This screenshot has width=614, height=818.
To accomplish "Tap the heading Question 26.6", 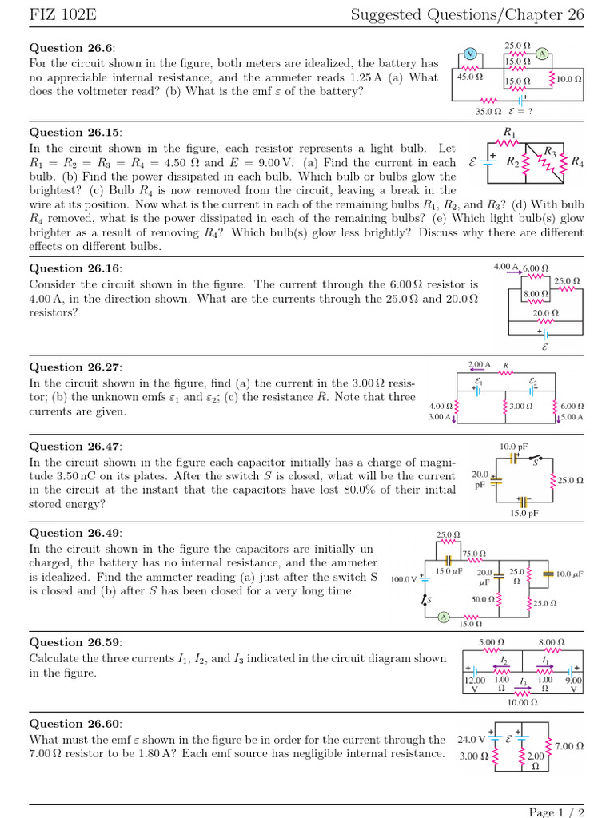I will (x=68, y=48).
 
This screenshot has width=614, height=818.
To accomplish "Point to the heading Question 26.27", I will (x=71, y=367).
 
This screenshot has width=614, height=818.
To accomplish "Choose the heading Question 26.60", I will (x=71, y=723).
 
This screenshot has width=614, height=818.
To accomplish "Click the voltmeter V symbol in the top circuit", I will (x=470, y=54).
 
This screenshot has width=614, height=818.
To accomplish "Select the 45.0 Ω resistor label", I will (x=469, y=77).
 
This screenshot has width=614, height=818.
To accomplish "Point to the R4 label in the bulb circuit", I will (x=576, y=162).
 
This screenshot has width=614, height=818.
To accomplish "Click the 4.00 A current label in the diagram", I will (x=506, y=267).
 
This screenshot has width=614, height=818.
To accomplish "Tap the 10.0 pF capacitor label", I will (x=512, y=446).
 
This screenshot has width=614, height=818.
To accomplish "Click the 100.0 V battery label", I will (x=404, y=578).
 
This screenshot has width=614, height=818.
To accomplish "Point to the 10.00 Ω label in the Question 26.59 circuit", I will (x=522, y=702).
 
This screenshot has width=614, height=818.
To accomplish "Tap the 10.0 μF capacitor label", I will (x=569, y=574).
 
